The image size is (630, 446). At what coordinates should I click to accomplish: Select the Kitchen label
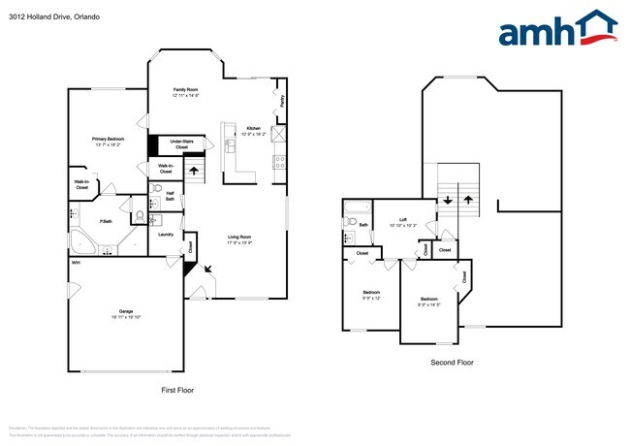[253, 128]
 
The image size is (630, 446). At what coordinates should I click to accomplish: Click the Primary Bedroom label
[107, 139]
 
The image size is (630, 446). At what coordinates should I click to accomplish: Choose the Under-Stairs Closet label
[181, 143]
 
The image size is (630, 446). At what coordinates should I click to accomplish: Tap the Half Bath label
[170, 194]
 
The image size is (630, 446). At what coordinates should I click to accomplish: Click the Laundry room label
[165, 234]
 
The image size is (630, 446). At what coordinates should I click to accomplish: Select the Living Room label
[239, 238]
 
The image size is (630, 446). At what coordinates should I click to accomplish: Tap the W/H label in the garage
[75, 263]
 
